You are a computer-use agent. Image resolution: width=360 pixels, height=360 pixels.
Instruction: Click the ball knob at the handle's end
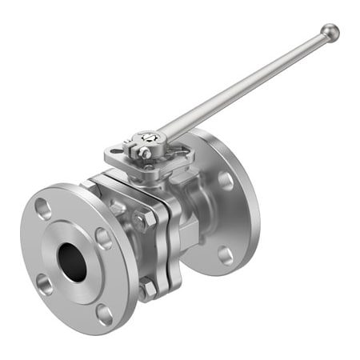click(x=330, y=33)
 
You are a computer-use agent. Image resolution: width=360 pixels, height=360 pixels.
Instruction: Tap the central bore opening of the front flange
click(x=72, y=262)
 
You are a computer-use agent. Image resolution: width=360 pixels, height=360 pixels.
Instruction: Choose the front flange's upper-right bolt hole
click(x=103, y=238)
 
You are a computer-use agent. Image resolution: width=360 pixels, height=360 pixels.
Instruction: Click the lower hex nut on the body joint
click(x=147, y=289)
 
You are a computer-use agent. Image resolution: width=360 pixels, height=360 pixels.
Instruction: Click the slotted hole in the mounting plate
click(x=117, y=150)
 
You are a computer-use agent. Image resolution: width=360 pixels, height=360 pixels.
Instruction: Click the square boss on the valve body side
click(x=189, y=235)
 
